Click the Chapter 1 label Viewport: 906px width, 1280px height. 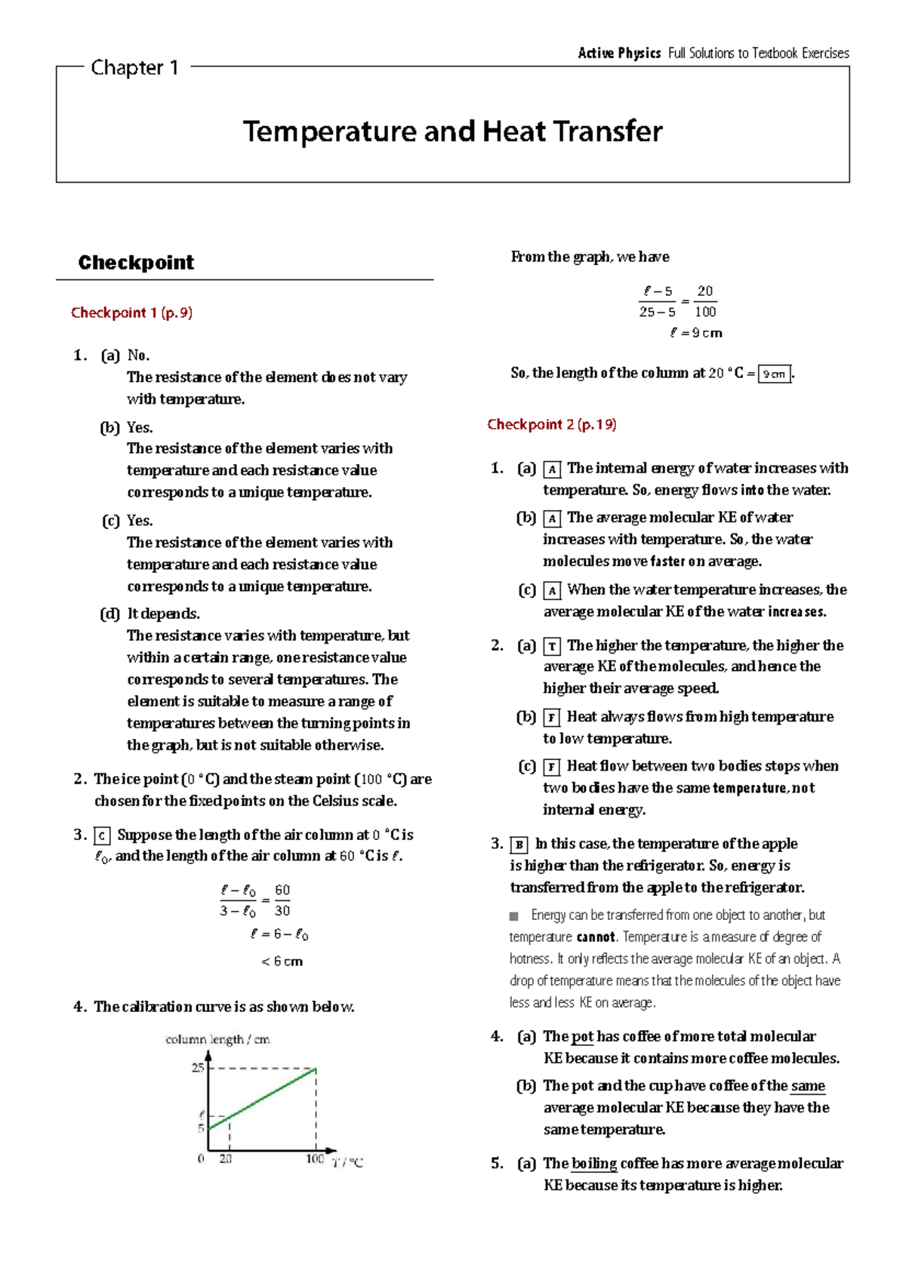click(134, 68)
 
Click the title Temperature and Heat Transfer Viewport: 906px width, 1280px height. click(452, 131)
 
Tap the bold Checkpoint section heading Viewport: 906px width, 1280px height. click(136, 263)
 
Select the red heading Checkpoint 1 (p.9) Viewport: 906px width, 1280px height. click(131, 312)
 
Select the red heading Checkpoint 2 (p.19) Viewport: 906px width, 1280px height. click(551, 424)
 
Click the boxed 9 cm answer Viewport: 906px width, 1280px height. click(774, 374)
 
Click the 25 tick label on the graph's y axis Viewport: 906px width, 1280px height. click(198, 1068)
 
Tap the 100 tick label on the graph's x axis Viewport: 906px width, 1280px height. click(315, 1158)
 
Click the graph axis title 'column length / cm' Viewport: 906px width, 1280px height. click(217, 1039)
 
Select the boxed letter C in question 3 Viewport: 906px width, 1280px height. click(102, 835)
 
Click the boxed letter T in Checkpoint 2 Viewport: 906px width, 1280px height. click(552, 646)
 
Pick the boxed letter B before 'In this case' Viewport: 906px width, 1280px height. click(519, 845)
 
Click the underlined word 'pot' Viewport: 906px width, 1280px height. click(582, 1036)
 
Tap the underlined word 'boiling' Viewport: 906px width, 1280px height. click(594, 1163)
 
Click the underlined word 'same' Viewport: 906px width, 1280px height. click(808, 1086)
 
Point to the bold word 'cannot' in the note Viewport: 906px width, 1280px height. click(596, 937)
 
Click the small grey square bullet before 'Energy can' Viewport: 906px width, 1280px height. click(514, 916)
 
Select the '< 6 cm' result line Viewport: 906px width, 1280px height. click(282, 962)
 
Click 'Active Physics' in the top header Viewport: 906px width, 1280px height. click(619, 53)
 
